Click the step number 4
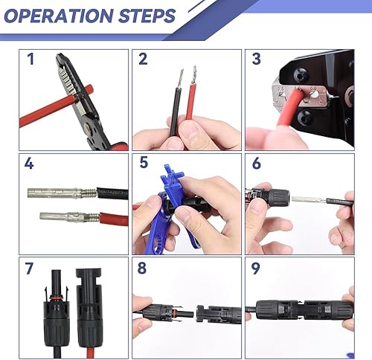[30, 164]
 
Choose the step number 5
[144, 164]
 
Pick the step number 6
[257, 164]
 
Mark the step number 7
[30, 267]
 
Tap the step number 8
[144, 267]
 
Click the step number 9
[257, 267]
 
